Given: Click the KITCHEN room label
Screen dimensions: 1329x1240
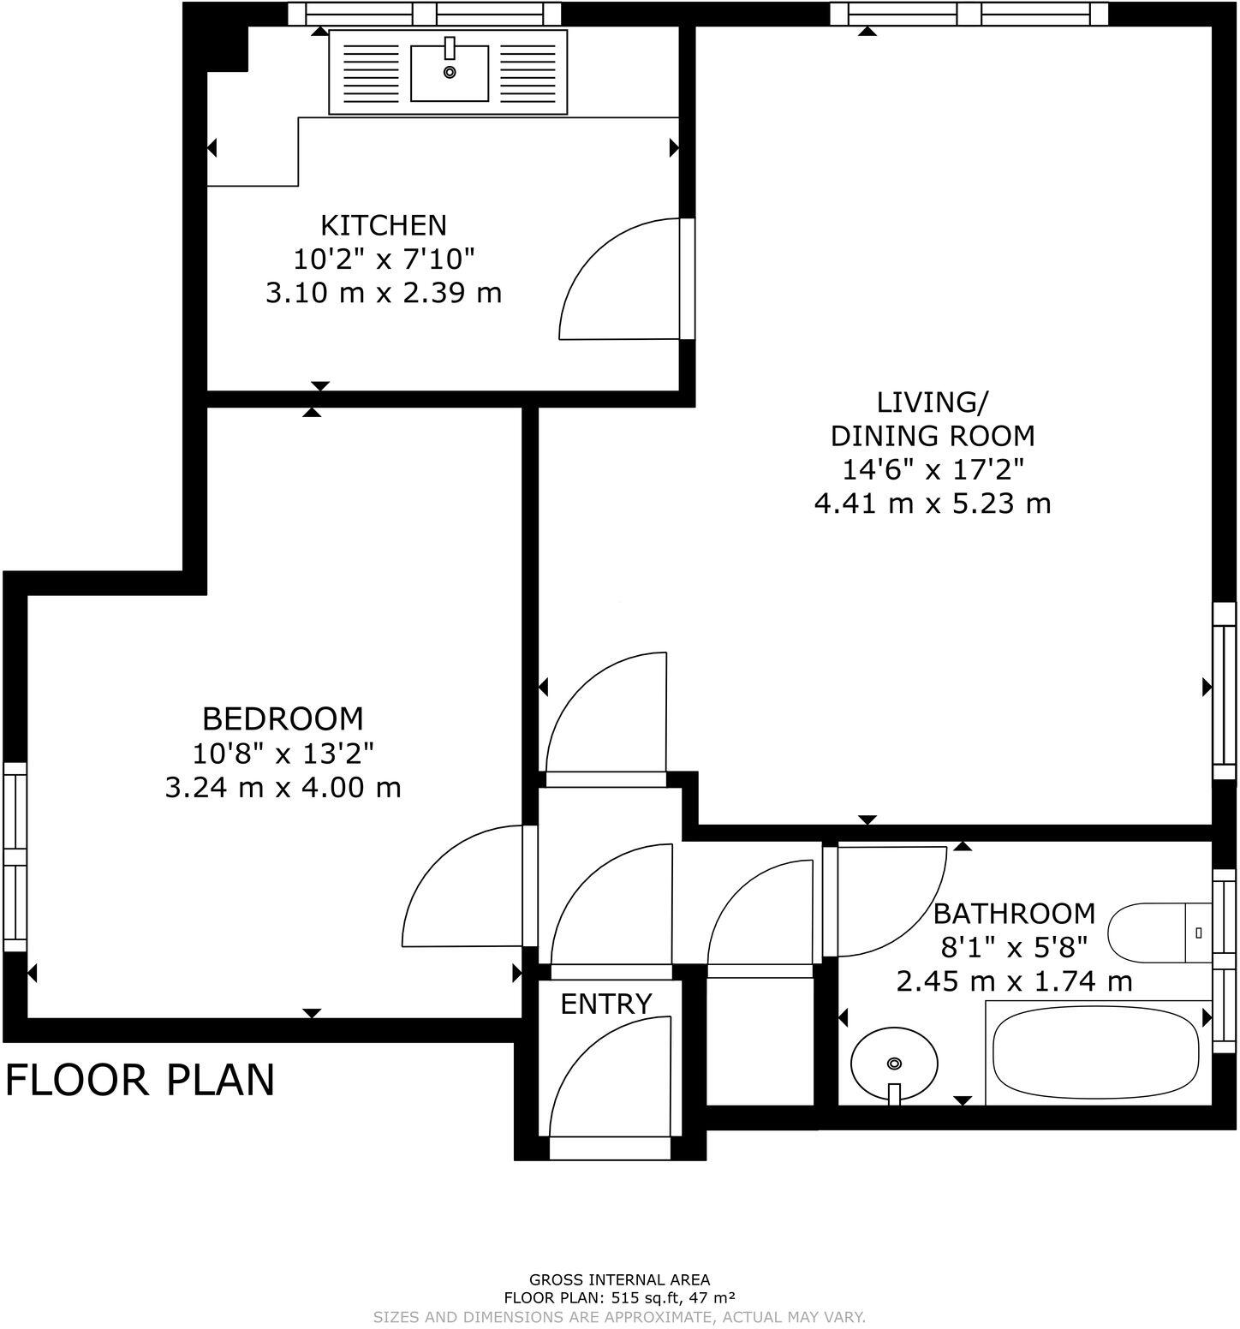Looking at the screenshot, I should [x=383, y=225].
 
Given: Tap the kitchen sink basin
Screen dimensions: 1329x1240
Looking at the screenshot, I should [x=449, y=73].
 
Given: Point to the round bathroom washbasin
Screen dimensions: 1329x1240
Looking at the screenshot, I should [x=893, y=1064].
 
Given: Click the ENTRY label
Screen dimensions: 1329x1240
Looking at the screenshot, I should [x=606, y=1004].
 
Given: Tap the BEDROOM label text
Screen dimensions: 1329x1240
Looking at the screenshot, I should [x=283, y=718].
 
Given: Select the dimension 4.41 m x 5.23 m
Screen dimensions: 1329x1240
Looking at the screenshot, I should [x=932, y=503].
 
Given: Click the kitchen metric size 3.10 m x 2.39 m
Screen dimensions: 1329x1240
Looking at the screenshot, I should [x=383, y=293].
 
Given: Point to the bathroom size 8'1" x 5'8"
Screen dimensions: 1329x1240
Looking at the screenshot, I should [x=1014, y=947].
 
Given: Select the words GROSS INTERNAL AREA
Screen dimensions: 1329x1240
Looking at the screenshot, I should [x=619, y=1280].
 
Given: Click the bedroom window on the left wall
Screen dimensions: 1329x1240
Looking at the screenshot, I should [x=15, y=856].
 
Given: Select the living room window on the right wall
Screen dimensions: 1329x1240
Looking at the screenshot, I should [x=1225, y=690].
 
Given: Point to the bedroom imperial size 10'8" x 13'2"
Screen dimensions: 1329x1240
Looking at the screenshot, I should [x=283, y=753].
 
